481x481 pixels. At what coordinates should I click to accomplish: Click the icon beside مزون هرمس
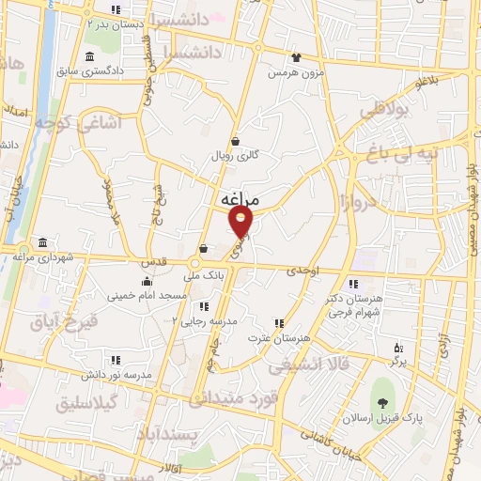click(x=297, y=58)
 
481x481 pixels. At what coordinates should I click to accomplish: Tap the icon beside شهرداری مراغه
click(x=42, y=241)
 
